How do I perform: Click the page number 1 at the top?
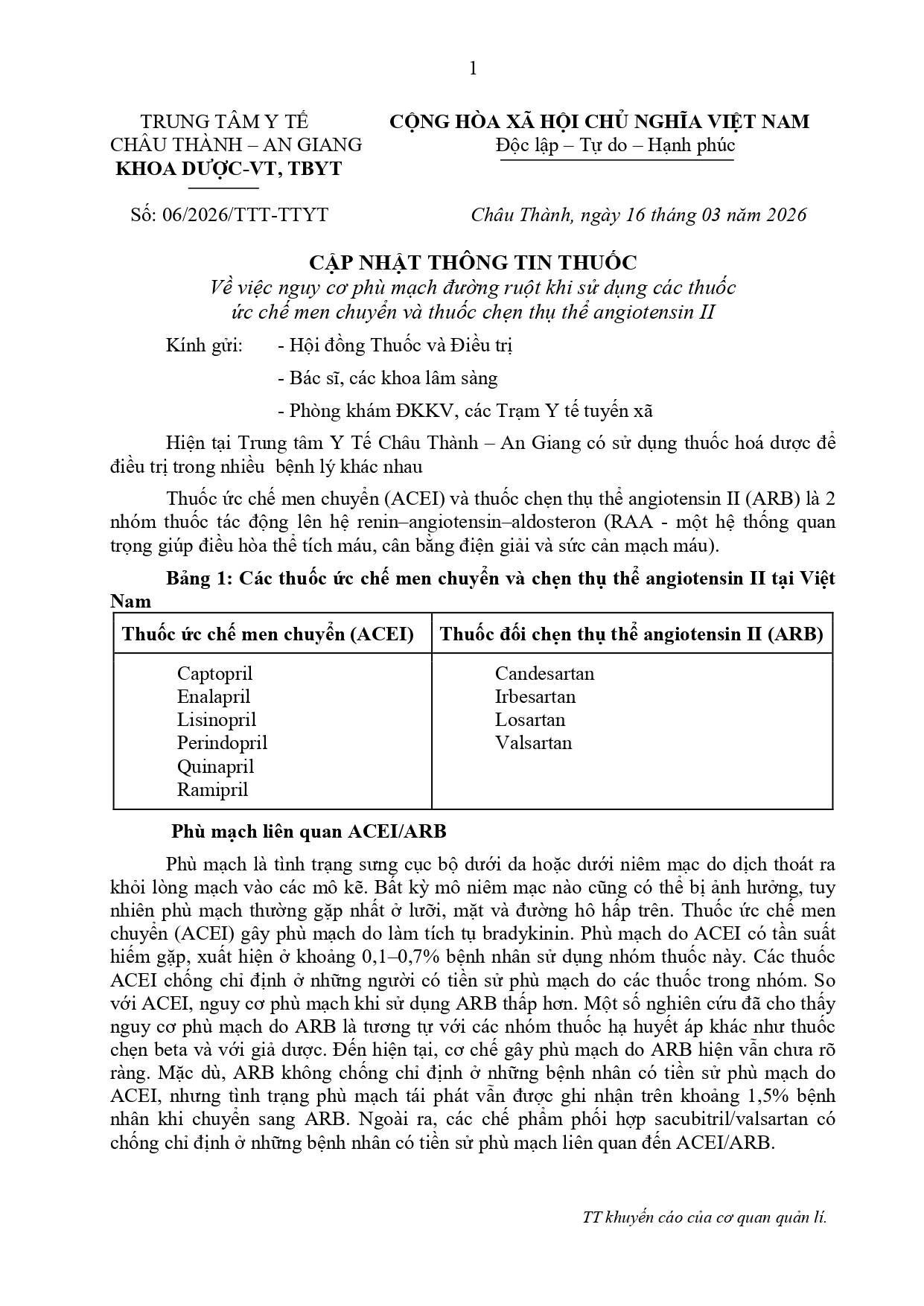tap(473, 69)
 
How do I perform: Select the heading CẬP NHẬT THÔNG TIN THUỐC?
tap(473, 262)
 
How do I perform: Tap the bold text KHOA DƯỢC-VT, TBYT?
tap(229, 168)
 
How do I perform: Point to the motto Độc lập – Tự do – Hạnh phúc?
tap(616, 145)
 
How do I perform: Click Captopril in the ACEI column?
tap(214, 674)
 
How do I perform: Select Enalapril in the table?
tap(214, 697)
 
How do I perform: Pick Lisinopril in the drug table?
tap(216, 720)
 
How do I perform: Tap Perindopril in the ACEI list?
tap(222, 743)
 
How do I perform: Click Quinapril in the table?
tap(215, 766)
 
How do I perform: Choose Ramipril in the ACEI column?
tap(212, 789)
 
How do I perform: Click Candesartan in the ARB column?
tap(544, 674)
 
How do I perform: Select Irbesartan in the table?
tap(535, 697)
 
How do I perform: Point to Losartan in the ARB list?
tap(530, 720)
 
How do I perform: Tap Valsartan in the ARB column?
tap(533, 743)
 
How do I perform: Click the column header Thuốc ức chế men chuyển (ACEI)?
tap(268, 634)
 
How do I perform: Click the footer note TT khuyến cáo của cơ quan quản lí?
tap(704, 1218)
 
